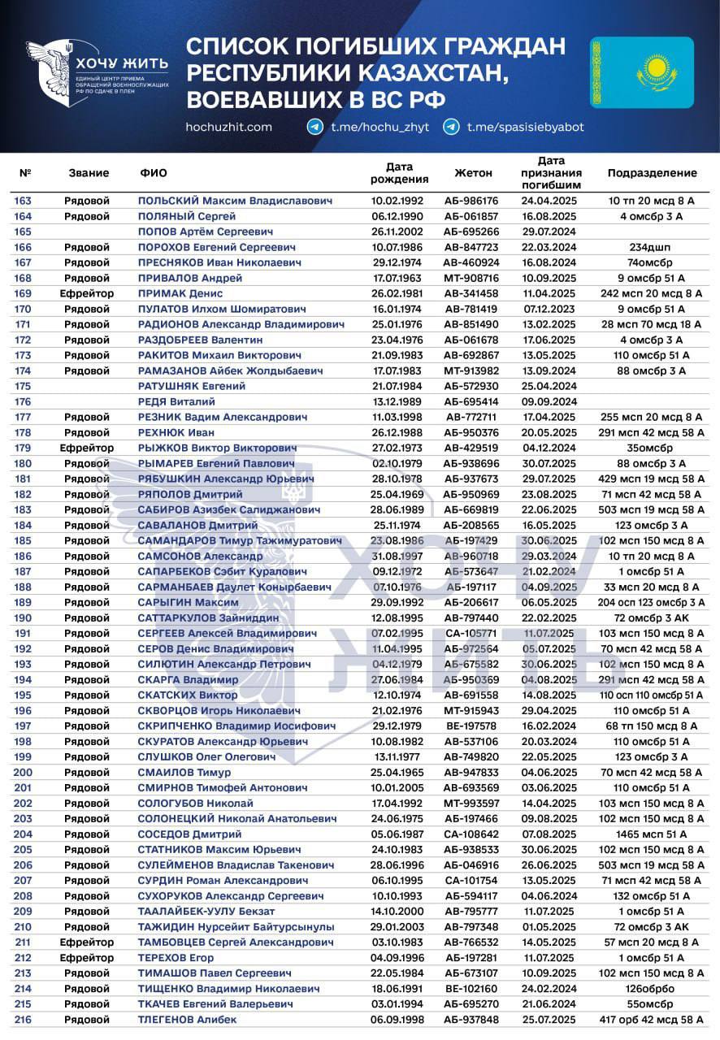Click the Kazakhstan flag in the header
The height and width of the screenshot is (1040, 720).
[642, 72]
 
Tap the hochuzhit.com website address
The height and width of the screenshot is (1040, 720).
[228, 127]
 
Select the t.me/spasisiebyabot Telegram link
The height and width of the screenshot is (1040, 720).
[525, 127]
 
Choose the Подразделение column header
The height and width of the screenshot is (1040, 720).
[652, 173]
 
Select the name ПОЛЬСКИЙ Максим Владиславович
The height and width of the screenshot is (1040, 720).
[235, 201]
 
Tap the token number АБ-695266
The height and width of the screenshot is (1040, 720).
[471, 232]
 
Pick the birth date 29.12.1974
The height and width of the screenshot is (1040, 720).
[397, 262]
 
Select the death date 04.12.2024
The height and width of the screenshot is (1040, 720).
[549, 448]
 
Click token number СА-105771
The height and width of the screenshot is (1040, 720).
[471, 633]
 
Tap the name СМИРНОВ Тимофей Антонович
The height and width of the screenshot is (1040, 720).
[223, 787]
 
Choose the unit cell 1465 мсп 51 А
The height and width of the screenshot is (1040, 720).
[652, 834]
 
